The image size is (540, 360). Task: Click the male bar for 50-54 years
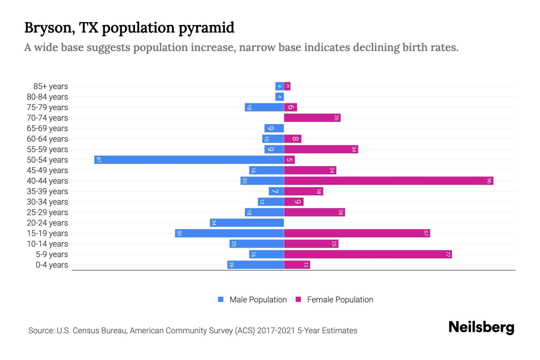tap(189, 160)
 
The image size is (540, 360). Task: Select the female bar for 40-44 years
tap(388, 181)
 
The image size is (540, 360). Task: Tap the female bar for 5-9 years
tap(368, 254)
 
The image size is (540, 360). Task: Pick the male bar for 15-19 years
tap(229, 233)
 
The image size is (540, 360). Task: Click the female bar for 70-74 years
tap(312, 118)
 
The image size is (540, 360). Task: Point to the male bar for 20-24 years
tap(247, 223)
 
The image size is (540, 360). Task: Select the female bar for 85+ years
tap(287, 86)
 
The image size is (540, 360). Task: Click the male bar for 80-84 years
tap(280, 97)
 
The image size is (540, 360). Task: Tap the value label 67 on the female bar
tap(426, 233)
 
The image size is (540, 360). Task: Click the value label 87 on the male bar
tap(98, 160)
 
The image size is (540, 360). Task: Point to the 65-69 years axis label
tap(47, 128)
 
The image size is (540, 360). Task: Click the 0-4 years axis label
tap(52, 265)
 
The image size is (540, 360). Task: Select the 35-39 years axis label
tap(47, 191)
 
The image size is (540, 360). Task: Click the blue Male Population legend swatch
tap(221, 299)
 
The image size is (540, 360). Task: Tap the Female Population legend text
tap(340, 299)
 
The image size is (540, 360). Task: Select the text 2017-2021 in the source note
tap(276, 331)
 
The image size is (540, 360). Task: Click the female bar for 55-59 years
tap(321, 149)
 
